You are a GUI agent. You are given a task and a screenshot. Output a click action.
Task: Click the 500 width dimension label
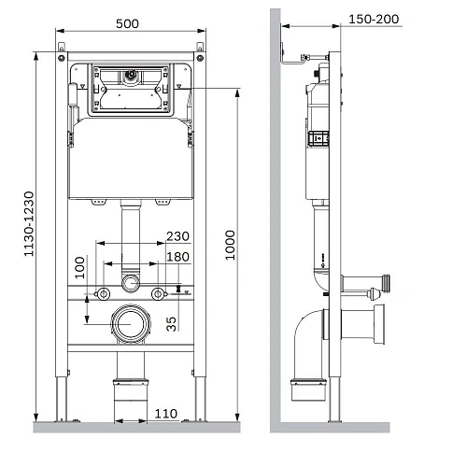click(x=127, y=23)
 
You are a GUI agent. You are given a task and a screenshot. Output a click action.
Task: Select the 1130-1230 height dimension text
click(x=29, y=224)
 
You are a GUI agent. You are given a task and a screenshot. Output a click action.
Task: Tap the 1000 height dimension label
click(x=230, y=245)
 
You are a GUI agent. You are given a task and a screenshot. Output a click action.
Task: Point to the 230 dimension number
click(x=177, y=236)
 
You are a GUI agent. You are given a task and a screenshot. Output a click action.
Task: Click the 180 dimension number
click(x=177, y=257)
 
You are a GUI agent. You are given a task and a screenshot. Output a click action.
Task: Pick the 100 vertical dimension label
click(x=79, y=267)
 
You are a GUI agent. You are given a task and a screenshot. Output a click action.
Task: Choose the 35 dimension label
click(x=171, y=324)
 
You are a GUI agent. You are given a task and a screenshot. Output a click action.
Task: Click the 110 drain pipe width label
click(x=166, y=414)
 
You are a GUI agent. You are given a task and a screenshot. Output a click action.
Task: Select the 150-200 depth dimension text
click(x=374, y=20)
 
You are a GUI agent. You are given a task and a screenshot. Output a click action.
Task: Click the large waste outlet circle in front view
click(x=131, y=324)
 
